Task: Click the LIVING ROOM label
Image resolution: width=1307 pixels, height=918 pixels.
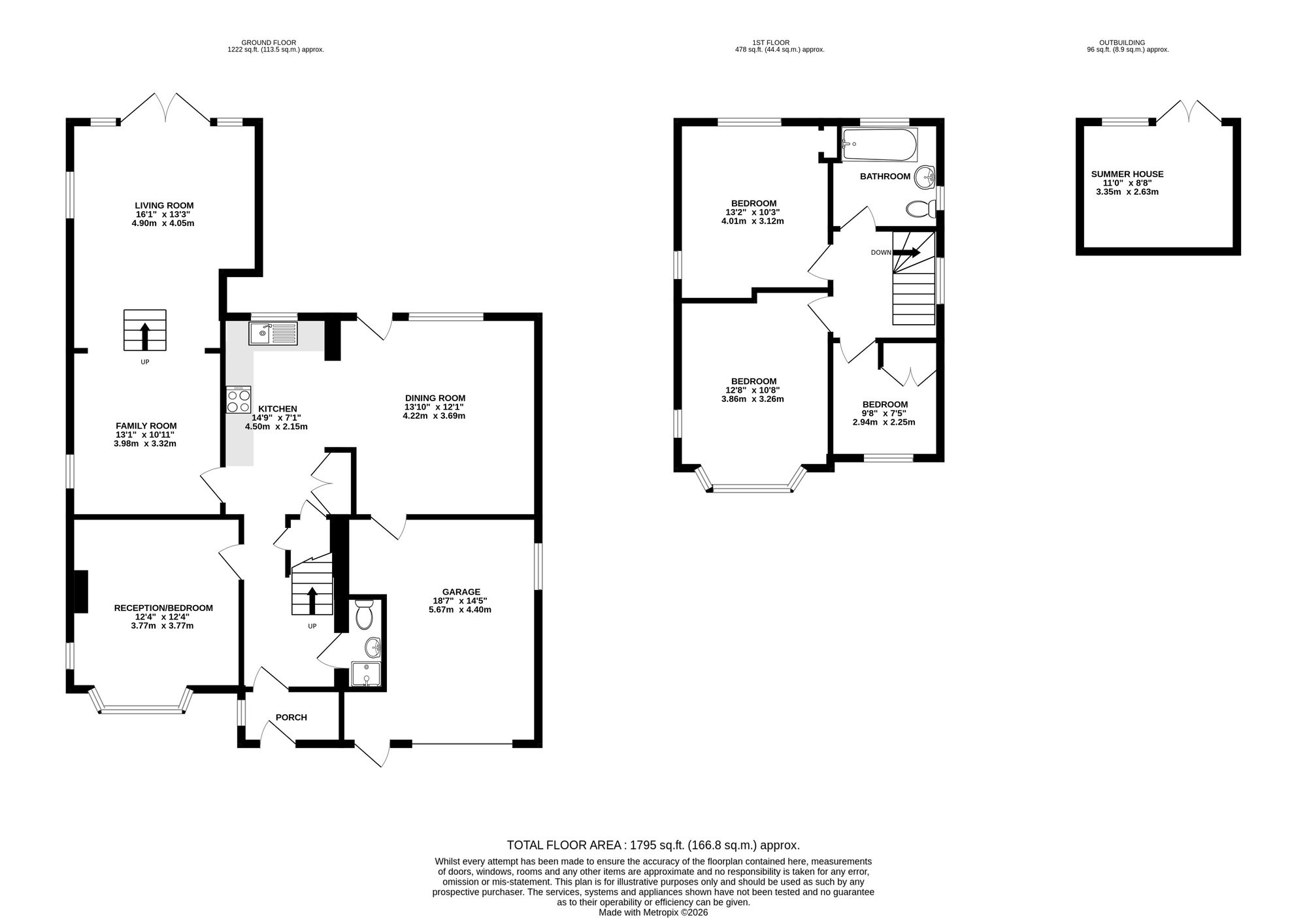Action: pyautogui.click(x=164, y=205)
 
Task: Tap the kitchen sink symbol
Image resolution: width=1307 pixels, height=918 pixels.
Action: pyautogui.click(x=273, y=334)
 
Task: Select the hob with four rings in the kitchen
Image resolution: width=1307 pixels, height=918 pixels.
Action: pyautogui.click(x=239, y=400)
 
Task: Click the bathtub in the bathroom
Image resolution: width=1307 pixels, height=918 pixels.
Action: pyautogui.click(x=880, y=145)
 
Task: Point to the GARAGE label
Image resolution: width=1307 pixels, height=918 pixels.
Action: pyautogui.click(x=461, y=592)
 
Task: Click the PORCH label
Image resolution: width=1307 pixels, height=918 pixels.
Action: pyautogui.click(x=291, y=717)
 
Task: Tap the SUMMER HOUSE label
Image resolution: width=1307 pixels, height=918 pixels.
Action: pyautogui.click(x=1127, y=174)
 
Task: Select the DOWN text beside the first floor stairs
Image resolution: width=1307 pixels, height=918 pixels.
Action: pyautogui.click(x=880, y=253)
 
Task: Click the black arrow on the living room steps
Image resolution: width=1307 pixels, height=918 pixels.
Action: pyautogui.click(x=145, y=335)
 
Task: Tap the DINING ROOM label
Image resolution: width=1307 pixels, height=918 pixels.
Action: pyautogui.click(x=435, y=398)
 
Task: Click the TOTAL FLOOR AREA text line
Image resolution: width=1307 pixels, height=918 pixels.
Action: pyautogui.click(x=653, y=845)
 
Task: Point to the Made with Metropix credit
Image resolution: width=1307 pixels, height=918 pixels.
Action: pyautogui.click(x=653, y=913)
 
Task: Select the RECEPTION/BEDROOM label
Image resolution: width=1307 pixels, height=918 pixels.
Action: pyautogui.click(x=163, y=608)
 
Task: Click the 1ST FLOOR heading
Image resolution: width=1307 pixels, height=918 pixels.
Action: pyautogui.click(x=780, y=42)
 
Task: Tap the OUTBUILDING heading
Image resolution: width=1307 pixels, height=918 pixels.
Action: pyautogui.click(x=1127, y=42)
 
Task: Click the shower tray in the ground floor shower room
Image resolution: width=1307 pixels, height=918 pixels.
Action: pyautogui.click(x=365, y=674)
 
